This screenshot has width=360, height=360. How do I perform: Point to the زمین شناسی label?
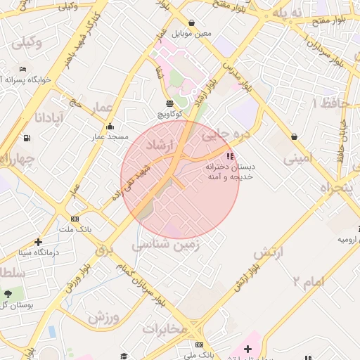[x=166, y=244]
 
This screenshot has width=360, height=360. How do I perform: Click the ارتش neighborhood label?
[x=268, y=252]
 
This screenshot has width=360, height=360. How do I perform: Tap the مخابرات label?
[x=165, y=328]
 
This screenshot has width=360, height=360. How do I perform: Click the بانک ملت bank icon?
[x=75, y=219]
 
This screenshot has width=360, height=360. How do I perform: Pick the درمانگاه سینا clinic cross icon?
[x=38, y=242]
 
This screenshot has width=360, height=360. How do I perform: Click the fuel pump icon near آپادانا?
[x=27, y=138]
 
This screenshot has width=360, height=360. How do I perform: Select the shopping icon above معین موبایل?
[x=192, y=22]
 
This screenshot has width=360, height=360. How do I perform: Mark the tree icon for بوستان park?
[x=8, y=294]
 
